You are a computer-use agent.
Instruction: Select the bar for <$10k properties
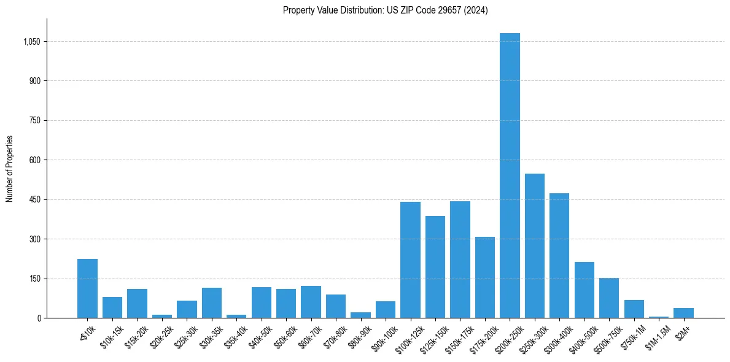coord(87,288)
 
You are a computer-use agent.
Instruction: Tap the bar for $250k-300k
coord(535,245)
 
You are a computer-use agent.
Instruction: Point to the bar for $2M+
coord(683,313)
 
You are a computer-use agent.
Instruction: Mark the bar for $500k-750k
coord(609,298)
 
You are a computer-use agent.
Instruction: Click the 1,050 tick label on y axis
coord(32,42)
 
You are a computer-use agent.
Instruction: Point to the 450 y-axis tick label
coord(36,199)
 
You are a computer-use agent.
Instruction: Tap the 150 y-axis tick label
coord(36,279)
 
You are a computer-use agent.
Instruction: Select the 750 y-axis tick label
coord(36,120)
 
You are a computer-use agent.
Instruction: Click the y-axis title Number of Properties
coord(9,169)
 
